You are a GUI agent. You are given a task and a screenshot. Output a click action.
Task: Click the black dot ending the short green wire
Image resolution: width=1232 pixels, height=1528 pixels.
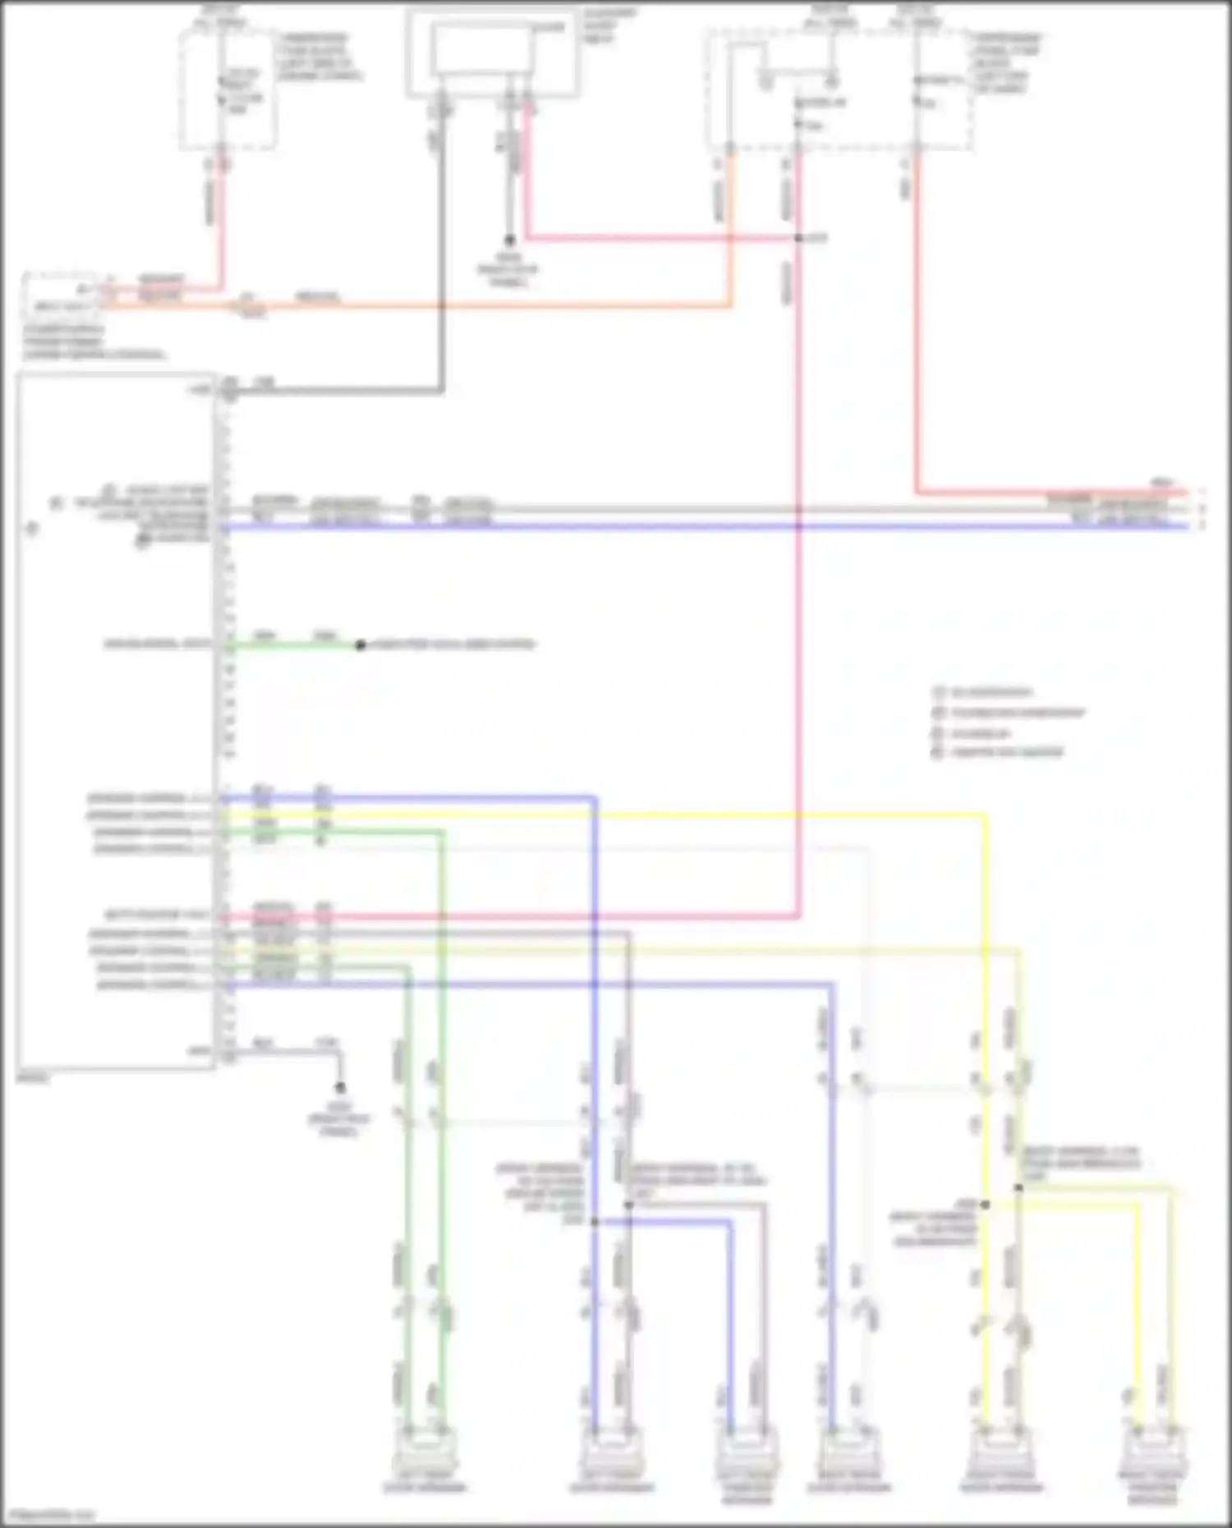360,645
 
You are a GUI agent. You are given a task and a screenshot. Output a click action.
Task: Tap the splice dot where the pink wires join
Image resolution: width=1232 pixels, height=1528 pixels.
798,238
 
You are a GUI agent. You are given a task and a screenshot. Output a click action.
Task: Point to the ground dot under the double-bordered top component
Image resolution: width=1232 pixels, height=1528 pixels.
509,241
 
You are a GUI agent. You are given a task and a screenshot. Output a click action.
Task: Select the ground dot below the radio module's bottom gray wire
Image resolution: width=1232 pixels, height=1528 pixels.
340,1088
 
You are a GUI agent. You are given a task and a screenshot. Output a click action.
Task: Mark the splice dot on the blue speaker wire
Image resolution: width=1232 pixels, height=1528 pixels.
595,1222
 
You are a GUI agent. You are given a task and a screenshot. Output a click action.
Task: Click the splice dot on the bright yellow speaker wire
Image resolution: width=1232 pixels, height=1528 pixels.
986,1205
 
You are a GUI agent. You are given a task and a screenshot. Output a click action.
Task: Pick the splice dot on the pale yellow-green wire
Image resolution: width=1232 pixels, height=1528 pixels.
1018,1187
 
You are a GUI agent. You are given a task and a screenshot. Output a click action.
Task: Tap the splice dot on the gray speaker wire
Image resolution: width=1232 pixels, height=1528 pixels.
628,1205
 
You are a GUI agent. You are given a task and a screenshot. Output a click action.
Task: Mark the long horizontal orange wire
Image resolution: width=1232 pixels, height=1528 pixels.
493,307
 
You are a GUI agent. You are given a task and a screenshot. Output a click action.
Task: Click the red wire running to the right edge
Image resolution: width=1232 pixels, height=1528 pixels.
1051,493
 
